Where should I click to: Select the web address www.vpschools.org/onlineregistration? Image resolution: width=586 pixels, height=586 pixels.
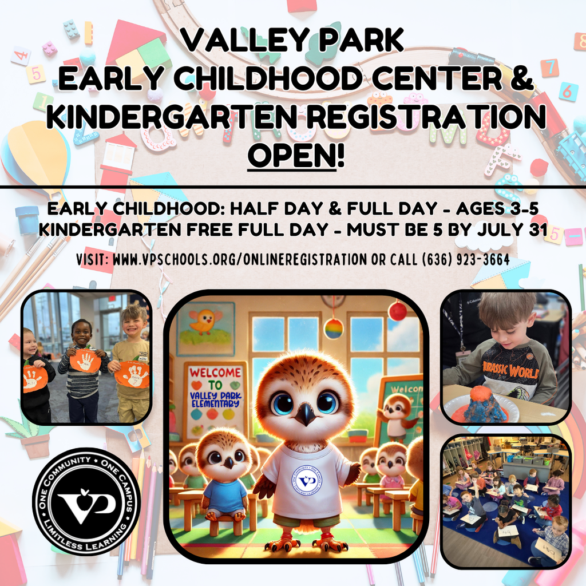(240, 259)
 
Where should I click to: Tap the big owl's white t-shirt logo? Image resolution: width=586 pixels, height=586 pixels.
(307, 480)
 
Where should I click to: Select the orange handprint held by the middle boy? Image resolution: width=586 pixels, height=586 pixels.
(85, 361)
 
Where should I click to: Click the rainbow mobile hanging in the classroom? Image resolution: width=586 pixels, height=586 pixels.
(334, 328)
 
